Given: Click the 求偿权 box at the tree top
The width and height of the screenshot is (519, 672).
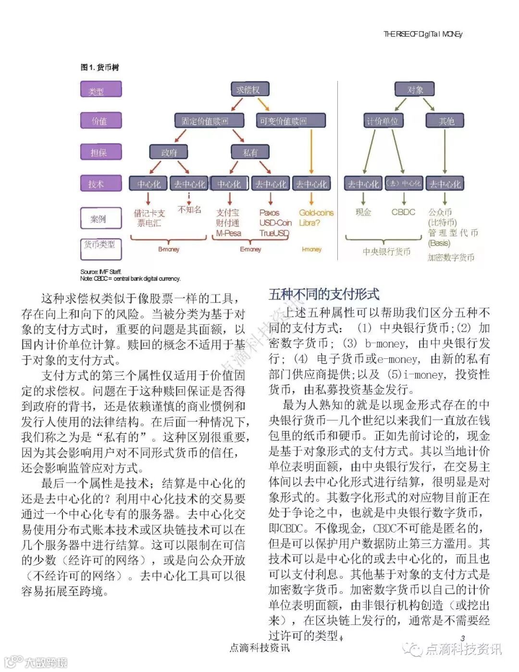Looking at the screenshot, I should [248, 89].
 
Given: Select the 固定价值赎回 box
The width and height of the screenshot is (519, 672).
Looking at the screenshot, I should [205, 121].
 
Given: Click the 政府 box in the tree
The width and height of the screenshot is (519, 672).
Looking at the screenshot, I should [169, 152].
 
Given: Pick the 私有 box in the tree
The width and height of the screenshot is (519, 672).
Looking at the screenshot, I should [250, 152].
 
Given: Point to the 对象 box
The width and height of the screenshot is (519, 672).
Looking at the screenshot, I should [415, 89].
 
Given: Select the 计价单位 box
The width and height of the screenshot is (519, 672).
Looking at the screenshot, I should [383, 121].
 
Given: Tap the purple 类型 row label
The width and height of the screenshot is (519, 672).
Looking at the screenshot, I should [100, 90].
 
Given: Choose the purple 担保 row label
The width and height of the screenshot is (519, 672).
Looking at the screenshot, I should [100, 152].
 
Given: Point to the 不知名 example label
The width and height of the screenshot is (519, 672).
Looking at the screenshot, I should [189, 210].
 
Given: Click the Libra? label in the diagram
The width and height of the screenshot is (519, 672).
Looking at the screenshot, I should [309, 223].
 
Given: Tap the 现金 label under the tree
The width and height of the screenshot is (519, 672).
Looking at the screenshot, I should [363, 212].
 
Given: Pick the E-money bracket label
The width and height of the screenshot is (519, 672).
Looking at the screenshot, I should [250, 249].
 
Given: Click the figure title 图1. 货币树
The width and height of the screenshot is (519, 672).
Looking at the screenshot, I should [99, 67].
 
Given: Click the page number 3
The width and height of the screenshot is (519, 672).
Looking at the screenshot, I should [463, 638].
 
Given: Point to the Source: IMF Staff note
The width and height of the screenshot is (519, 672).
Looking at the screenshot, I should [101, 272].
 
